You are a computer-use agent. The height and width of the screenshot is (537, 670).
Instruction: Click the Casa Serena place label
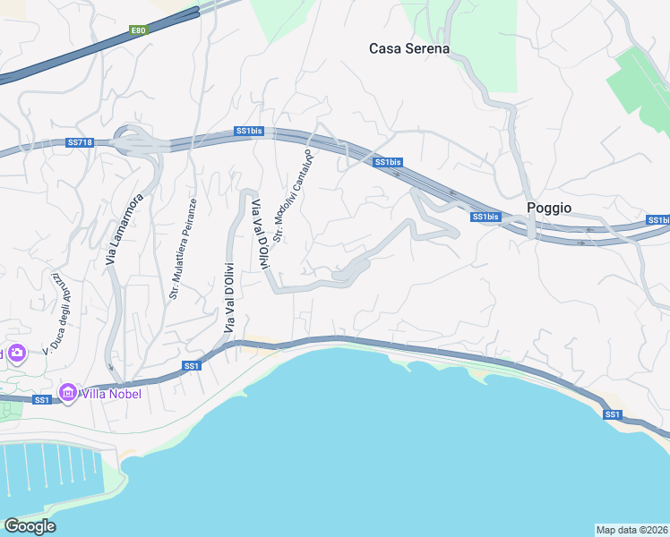[409, 48]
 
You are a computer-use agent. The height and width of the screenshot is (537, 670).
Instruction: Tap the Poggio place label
[549, 207]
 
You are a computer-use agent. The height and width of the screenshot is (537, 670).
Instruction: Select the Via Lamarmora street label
[112, 229]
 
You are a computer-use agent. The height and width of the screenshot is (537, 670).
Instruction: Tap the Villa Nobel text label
[111, 393]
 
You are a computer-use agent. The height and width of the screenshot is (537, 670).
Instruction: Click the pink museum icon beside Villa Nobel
[67, 392]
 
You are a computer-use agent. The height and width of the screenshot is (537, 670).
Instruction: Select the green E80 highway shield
[137, 30]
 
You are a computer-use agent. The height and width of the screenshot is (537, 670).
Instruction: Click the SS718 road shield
[80, 142]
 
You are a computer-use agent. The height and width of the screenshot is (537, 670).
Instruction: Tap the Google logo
[30, 526]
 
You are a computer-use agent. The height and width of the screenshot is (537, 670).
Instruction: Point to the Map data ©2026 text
[631, 529]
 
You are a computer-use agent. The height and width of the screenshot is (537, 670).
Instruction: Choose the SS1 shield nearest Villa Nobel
[41, 399]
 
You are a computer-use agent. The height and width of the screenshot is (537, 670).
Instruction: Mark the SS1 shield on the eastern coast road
[613, 413]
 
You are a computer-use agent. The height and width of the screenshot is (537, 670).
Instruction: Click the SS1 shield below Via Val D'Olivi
[192, 365]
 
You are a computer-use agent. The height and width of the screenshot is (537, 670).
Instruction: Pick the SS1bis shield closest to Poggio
[485, 217]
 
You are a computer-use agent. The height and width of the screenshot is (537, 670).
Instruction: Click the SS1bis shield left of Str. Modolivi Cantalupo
[249, 131]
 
